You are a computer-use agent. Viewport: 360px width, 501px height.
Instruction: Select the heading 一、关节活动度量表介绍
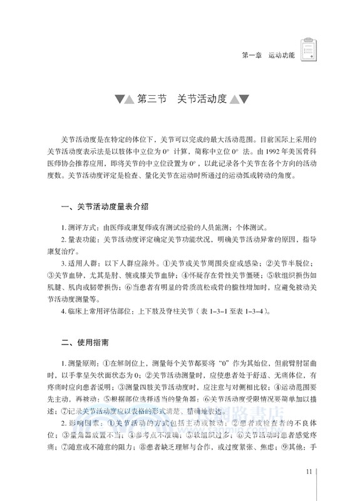(x=103, y=206)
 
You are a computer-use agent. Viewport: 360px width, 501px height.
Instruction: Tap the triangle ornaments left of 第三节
(x=120, y=100)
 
